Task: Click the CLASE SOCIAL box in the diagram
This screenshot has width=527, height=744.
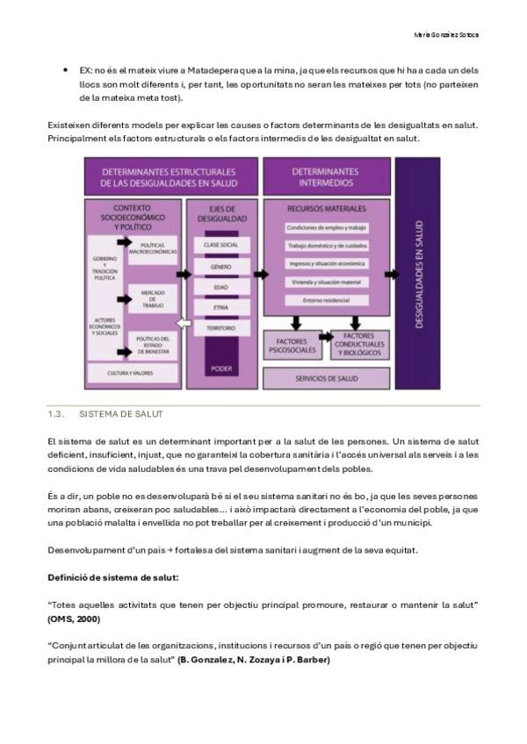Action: [x=220, y=244]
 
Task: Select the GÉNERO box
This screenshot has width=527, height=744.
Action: [x=220, y=265]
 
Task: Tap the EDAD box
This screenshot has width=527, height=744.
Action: [x=220, y=286]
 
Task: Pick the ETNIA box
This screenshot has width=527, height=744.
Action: [x=220, y=307]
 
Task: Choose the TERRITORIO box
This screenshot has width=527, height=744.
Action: [x=220, y=328]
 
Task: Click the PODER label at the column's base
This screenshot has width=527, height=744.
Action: [x=221, y=369]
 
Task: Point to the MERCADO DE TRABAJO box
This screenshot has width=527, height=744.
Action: [x=152, y=298]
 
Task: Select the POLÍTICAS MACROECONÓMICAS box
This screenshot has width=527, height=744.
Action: [x=152, y=249]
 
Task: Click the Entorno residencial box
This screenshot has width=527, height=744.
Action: [x=326, y=301]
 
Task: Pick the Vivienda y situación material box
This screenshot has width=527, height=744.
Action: [x=326, y=282]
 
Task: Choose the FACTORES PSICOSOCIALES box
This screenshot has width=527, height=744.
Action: [x=291, y=347]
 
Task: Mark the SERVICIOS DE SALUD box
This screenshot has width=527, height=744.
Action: [x=326, y=378]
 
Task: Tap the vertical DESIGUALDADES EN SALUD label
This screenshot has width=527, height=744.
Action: [x=418, y=277]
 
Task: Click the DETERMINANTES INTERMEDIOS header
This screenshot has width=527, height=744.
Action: [x=326, y=177]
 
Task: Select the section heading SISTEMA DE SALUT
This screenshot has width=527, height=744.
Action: [x=121, y=413]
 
